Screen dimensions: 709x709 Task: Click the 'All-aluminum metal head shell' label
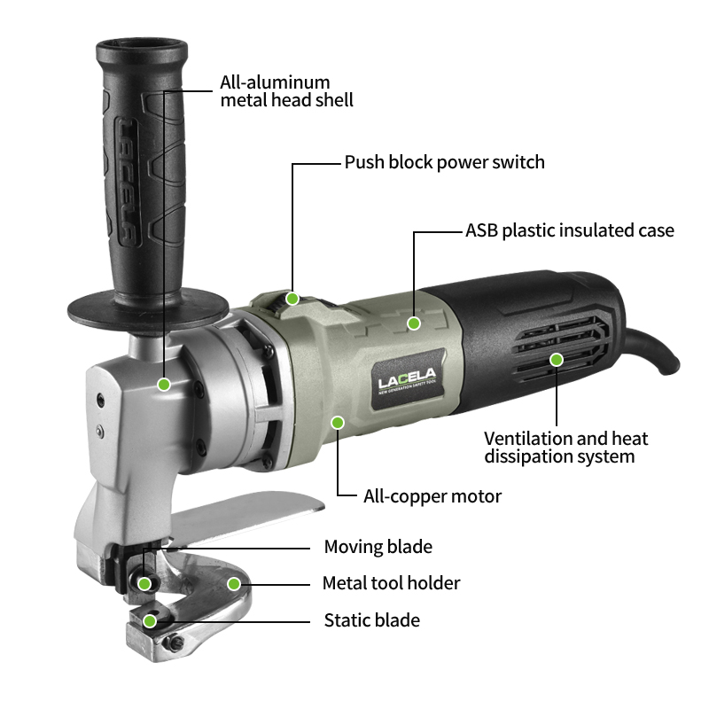point(286,91)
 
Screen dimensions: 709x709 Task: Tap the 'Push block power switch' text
point(445,162)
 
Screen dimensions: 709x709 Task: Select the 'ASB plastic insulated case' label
point(570,230)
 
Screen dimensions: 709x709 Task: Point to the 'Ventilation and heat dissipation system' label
point(565,448)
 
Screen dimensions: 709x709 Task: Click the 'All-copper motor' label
point(432,496)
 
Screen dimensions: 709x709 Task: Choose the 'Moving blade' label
point(378,547)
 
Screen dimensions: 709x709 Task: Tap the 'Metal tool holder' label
point(391,583)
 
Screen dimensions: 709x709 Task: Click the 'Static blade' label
point(371,620)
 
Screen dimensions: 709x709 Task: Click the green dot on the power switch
point(292,299)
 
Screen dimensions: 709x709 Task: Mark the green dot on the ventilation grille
point(557,360)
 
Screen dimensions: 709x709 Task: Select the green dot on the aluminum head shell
point(164,385)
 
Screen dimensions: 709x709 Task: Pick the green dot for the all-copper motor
point(338,423)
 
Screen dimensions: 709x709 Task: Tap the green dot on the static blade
point(150,621)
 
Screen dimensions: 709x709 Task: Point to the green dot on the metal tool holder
point(234,584)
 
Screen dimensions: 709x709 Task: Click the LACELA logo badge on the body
point(406,381)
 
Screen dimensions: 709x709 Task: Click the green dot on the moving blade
point(144,584)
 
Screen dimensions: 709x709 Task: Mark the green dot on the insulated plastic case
point(414,323)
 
